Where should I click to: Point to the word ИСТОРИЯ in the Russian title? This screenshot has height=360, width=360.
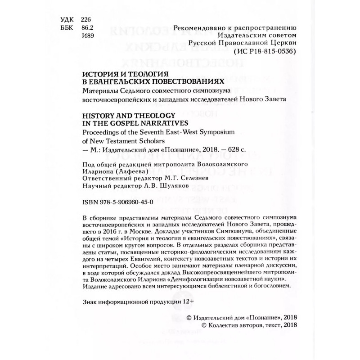coord(100,74)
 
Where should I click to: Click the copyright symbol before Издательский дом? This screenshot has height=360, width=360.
coord(189,317)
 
